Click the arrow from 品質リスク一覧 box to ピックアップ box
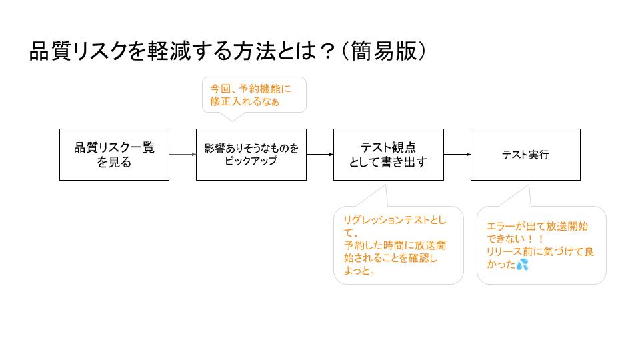(x=183, y=154)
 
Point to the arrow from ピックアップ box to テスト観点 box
(x=320, y=154)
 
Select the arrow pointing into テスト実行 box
(x=457, y=154)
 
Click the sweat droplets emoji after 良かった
(x=523, y=265)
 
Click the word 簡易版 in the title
(x=383, y=51)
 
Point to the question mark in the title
(x=326, y=52)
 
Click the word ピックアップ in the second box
(x=251, y=161)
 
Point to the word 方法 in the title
(x=254, y=51)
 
